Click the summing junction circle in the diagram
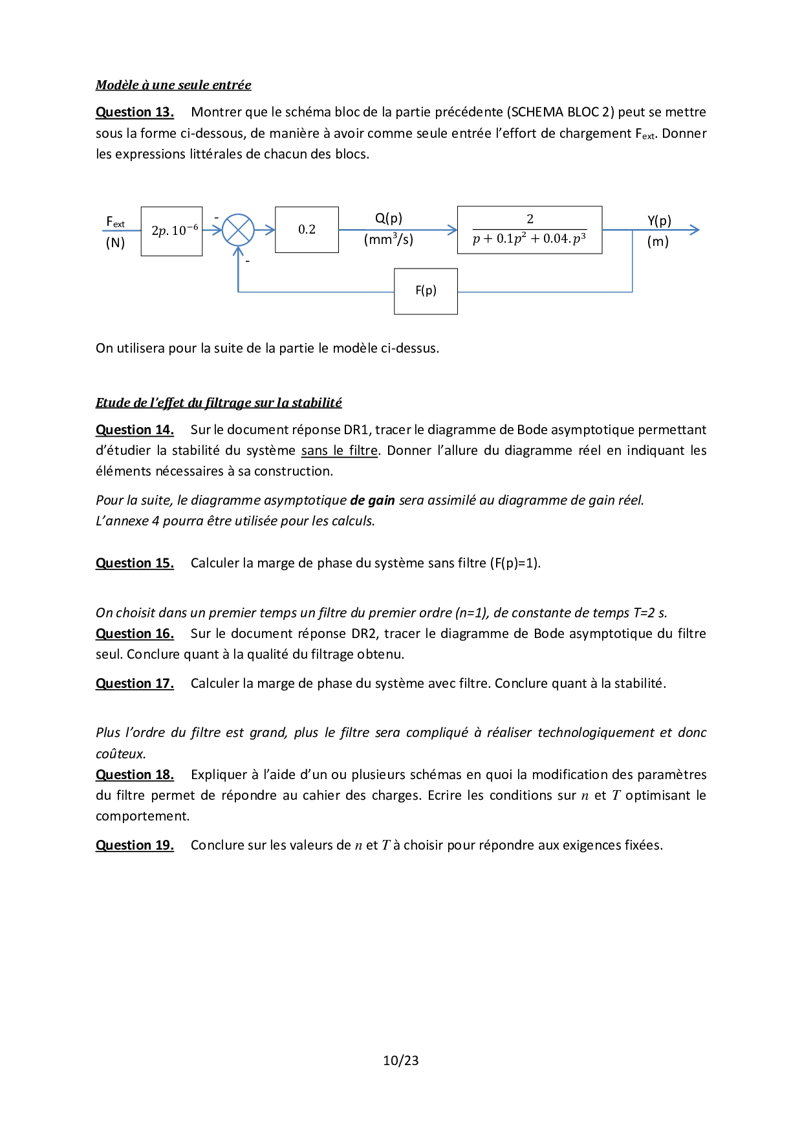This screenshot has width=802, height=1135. (238, 230)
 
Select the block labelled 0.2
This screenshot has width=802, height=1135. (307, 230)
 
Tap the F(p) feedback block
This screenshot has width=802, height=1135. (426, 291)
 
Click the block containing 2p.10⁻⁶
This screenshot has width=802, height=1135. (171, 231)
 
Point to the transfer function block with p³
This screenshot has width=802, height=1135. (529, 230)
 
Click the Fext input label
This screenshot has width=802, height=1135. (115, 223)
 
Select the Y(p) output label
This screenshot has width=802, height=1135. (659, 221)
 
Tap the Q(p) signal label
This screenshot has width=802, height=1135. (388, 218)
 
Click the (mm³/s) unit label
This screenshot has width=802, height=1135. (388, 239)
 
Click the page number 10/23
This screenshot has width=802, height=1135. (400, 1061)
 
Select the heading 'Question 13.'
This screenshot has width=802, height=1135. (135, 112)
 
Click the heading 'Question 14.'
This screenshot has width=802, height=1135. (135, 430)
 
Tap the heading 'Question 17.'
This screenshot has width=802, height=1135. (135, 683)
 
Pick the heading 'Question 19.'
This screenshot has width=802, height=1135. (135, 845)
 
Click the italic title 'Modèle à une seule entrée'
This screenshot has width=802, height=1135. (173, 85)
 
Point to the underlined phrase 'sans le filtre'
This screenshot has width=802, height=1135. (339, 450)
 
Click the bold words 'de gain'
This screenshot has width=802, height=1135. (373, 500)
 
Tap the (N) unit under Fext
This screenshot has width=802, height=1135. (115, 243)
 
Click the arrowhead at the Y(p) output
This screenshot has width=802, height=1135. (695, 230)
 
